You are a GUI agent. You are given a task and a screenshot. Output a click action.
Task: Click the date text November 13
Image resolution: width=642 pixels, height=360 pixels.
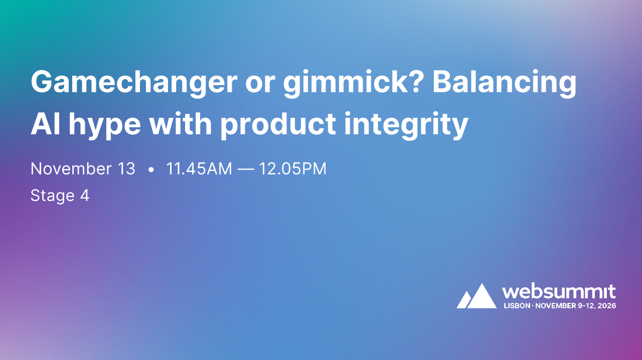[83, 169]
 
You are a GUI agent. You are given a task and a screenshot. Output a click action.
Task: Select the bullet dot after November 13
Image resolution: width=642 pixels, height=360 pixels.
[151, 170]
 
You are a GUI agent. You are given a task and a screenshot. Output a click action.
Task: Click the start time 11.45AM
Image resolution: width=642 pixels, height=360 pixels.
[199, 169]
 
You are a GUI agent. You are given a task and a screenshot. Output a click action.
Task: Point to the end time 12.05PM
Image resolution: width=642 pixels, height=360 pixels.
[292, 169]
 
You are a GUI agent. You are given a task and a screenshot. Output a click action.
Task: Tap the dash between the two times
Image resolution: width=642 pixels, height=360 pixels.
[245, 169]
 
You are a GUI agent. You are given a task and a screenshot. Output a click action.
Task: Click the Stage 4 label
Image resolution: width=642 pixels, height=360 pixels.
[60, 196]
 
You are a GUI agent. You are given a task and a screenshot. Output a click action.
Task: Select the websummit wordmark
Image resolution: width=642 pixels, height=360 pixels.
[559, 291]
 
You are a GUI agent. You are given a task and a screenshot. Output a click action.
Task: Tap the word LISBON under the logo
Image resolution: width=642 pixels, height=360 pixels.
[516, 305]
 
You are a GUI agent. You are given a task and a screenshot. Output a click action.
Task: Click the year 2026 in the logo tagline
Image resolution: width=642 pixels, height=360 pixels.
[606, 305]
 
